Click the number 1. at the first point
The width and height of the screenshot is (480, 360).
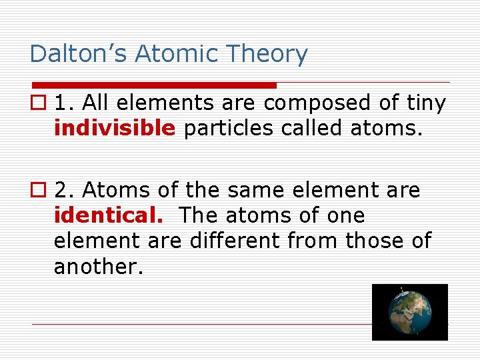[x=64, y=103]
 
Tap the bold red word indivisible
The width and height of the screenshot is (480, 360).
[x=115, y=128]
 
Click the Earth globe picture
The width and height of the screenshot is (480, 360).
[x=409, y=312]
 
